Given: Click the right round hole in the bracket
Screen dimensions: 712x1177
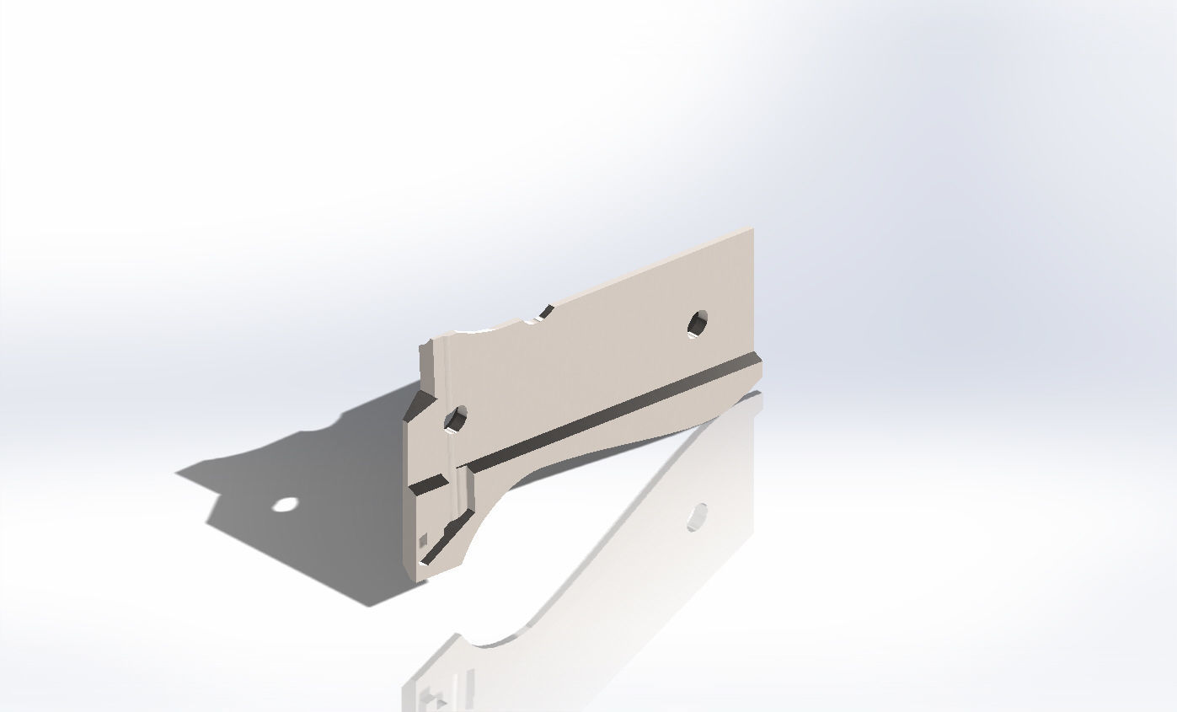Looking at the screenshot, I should point(698,323).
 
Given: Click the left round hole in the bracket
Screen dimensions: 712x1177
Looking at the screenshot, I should point(456,418).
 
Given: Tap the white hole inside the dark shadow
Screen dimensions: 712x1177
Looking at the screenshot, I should point(286,505).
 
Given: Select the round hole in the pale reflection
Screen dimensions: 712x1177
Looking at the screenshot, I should point(697,517).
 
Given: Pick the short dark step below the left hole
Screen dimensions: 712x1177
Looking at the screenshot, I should point(429,484).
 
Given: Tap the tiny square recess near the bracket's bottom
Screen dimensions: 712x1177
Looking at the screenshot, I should point(424,539).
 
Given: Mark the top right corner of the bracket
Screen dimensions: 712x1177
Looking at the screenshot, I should point(752,228).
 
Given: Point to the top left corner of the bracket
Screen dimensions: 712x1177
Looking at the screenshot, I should point(421,345).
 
